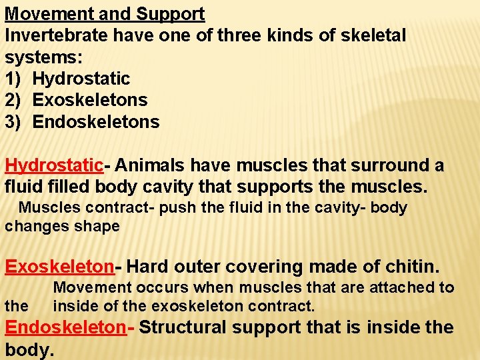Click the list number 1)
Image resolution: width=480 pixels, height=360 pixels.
coord(15,79)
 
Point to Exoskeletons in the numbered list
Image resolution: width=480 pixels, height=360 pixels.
coord(90,101)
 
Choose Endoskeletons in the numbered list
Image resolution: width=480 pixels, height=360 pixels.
coord(96,122)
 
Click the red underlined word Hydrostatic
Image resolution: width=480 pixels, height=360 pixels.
coord(54,165)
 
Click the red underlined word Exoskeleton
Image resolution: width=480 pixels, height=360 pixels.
coord(59,267)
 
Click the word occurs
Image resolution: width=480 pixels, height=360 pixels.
coord(149,288)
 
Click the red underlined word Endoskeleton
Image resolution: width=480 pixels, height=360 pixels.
coord(65,327)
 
